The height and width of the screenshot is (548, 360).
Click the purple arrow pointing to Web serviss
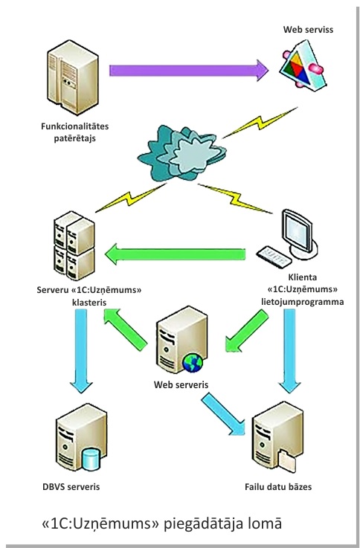click(x=189, y=70)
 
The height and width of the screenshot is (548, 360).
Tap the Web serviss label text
click(x=308, y=30)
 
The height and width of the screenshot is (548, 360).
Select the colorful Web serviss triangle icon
click(x=303, y=65)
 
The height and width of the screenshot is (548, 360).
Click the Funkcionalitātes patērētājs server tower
click(x=73, y=77)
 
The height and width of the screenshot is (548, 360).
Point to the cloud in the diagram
click(x=181, y=153)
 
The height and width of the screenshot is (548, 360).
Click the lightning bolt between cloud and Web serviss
click(x=260, y=123)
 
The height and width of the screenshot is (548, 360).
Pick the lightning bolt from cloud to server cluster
click(x=131, y=198)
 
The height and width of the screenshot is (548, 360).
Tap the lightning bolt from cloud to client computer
click(x=235, y=199)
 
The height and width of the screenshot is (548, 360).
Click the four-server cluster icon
click(x=74, y=245)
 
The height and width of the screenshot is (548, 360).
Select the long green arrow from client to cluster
click(x=175, y=254)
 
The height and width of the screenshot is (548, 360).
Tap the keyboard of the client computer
click(x=274, y=257)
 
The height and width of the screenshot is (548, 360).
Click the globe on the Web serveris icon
click(x=193, y=362)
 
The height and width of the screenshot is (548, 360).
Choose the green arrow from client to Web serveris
click(x=247, y=331)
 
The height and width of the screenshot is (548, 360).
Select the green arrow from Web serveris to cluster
click(x=125, y=329)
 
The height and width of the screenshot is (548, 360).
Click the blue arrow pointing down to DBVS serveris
click(x=81, y=351)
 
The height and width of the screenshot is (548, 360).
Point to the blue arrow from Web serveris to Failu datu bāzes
click(x=223, y=414)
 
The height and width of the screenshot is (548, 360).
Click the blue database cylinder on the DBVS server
click(x=91, y=460)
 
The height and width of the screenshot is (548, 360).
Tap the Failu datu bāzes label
click(x=278, y=486)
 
